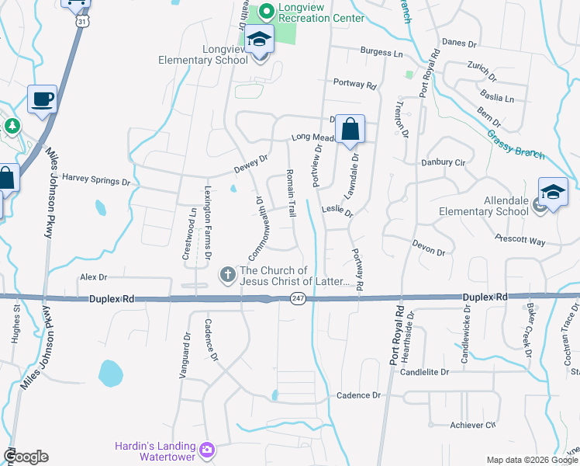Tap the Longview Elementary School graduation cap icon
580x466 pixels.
[x=261, y=40]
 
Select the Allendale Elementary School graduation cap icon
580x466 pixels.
[x=553, y=193]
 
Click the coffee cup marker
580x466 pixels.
[x=42, y=99]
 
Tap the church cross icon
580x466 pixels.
[x=228, y=274]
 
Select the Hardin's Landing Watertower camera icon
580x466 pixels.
[x=207, y=450]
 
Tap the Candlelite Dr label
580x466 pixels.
[x=424, y=372]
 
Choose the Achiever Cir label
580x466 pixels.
[x=472, y=425]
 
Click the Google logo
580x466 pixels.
[x=25, y=457]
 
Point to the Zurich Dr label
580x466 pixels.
[x=481, y=71]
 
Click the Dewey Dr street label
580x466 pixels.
[x=251, y=163]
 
